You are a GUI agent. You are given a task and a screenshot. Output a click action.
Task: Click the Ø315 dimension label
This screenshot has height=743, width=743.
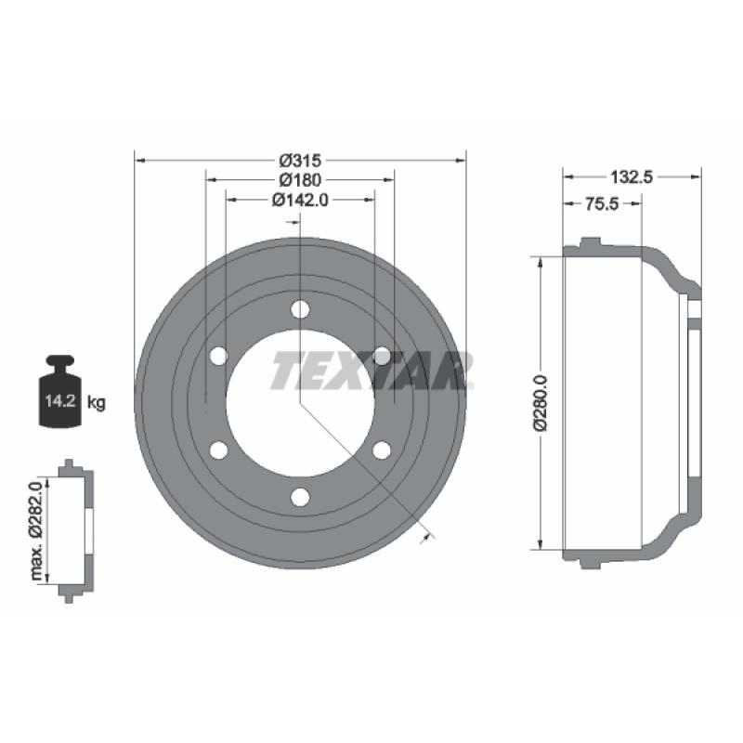tap(300, 161)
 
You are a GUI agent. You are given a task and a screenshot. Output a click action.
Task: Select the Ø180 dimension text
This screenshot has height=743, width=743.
tap(300, 180)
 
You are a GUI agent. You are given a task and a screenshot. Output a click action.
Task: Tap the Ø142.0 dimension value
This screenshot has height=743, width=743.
tap(300, 200)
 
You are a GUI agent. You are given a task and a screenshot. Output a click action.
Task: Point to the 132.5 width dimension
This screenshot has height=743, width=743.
tap(632, 177)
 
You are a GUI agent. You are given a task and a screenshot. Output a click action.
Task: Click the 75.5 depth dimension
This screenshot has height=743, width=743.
tap(601, 203)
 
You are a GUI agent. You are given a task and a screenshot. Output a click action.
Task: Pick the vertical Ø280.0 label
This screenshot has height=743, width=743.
tap(541, 403)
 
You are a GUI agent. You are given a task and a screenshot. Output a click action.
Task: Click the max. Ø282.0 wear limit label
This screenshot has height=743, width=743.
tap(36, 530)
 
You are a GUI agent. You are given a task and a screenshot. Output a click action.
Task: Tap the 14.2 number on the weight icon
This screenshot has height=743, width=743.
tap(60, 401)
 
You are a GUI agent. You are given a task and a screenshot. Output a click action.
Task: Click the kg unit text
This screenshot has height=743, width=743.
tap(97, 403)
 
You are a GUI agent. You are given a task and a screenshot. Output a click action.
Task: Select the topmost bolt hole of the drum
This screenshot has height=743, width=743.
tap(300, 309)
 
